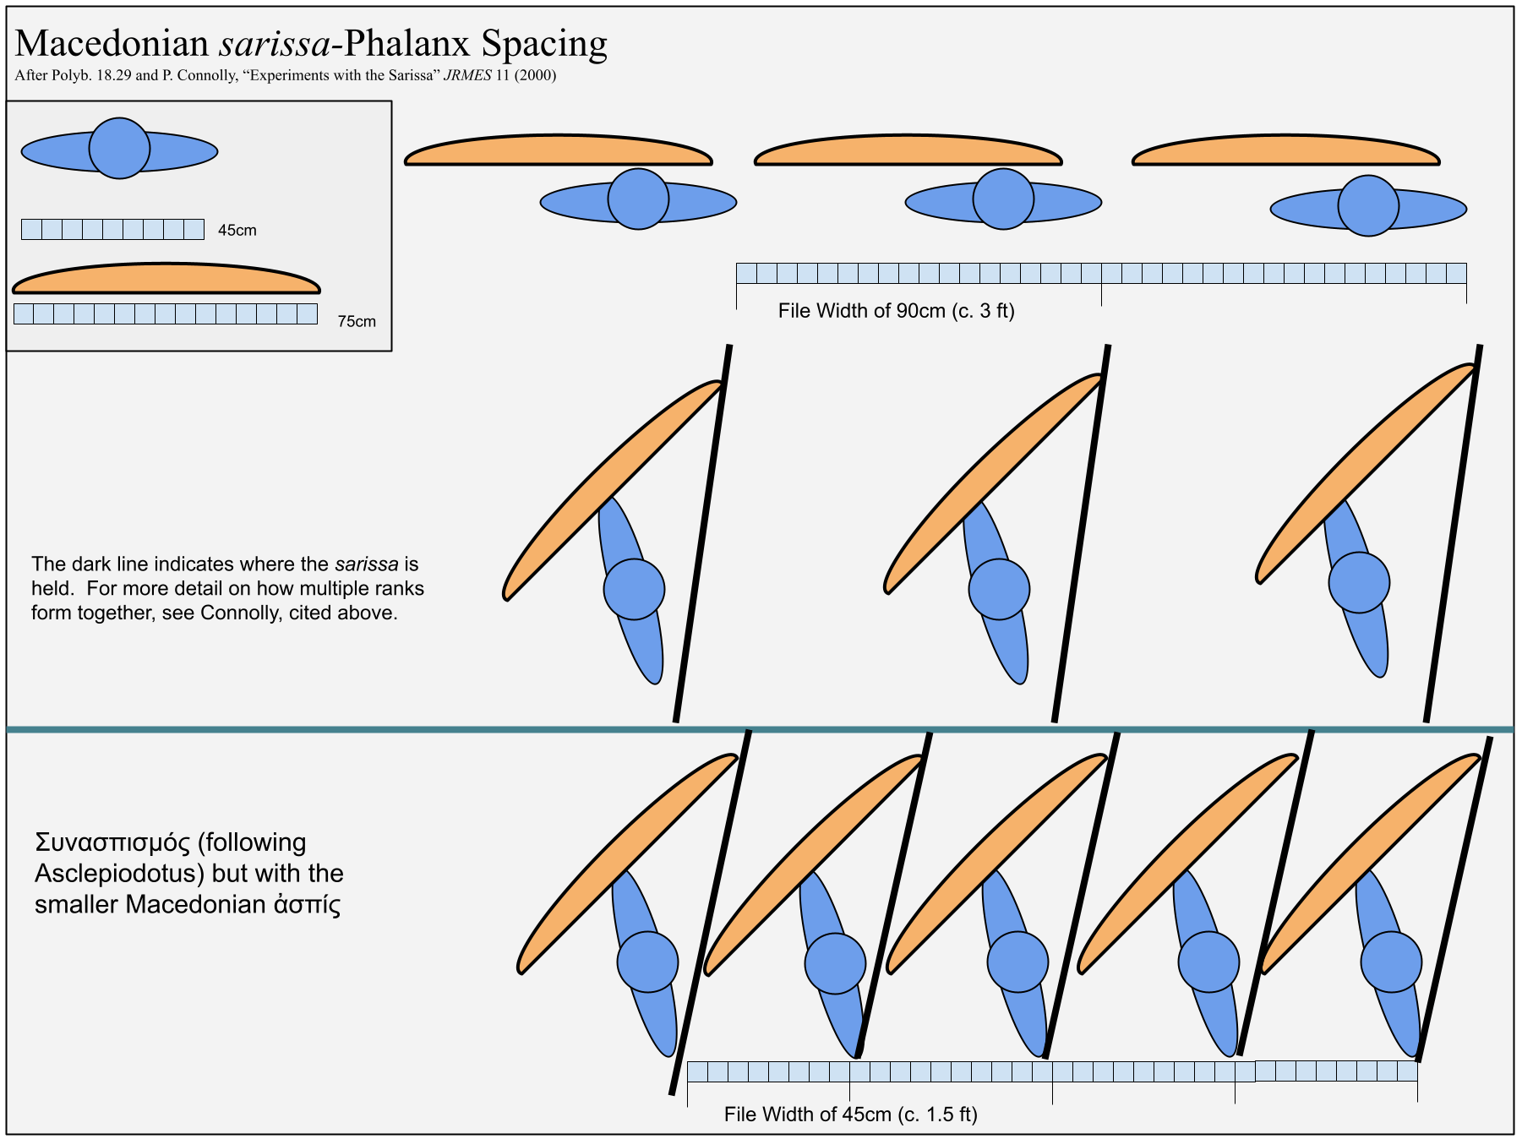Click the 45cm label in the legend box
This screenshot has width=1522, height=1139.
237,230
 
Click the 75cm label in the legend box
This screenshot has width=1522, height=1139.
357,321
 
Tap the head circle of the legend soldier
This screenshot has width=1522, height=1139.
120,148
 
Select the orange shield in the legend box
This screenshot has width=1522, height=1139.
166,278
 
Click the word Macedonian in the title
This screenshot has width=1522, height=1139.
112,43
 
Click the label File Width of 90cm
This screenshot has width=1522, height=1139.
896,311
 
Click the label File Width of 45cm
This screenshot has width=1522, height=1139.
850,1114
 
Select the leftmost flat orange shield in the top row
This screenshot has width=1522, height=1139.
559,150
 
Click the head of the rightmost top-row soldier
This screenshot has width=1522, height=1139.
1368,205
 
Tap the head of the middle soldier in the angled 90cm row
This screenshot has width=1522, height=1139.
999,589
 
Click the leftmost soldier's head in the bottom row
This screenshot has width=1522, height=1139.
647,962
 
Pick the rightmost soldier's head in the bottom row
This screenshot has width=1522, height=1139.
1391,962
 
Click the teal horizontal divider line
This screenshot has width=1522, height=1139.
761,729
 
